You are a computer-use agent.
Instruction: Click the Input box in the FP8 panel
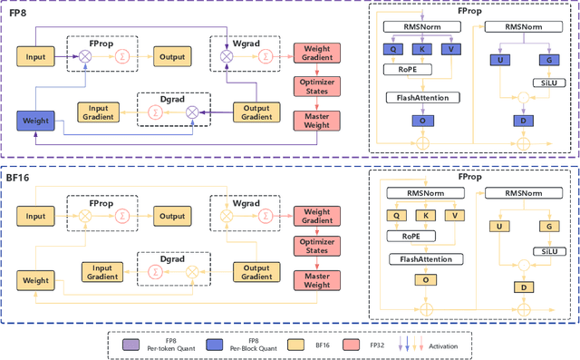(35, 58)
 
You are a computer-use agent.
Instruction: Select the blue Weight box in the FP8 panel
(35, 118)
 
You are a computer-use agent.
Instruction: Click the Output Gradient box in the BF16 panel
(257, 270)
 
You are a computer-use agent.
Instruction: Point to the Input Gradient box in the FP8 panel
(101, 112)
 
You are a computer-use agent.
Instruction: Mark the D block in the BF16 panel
(522, 287)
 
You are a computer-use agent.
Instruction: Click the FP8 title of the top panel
(19, 14)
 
